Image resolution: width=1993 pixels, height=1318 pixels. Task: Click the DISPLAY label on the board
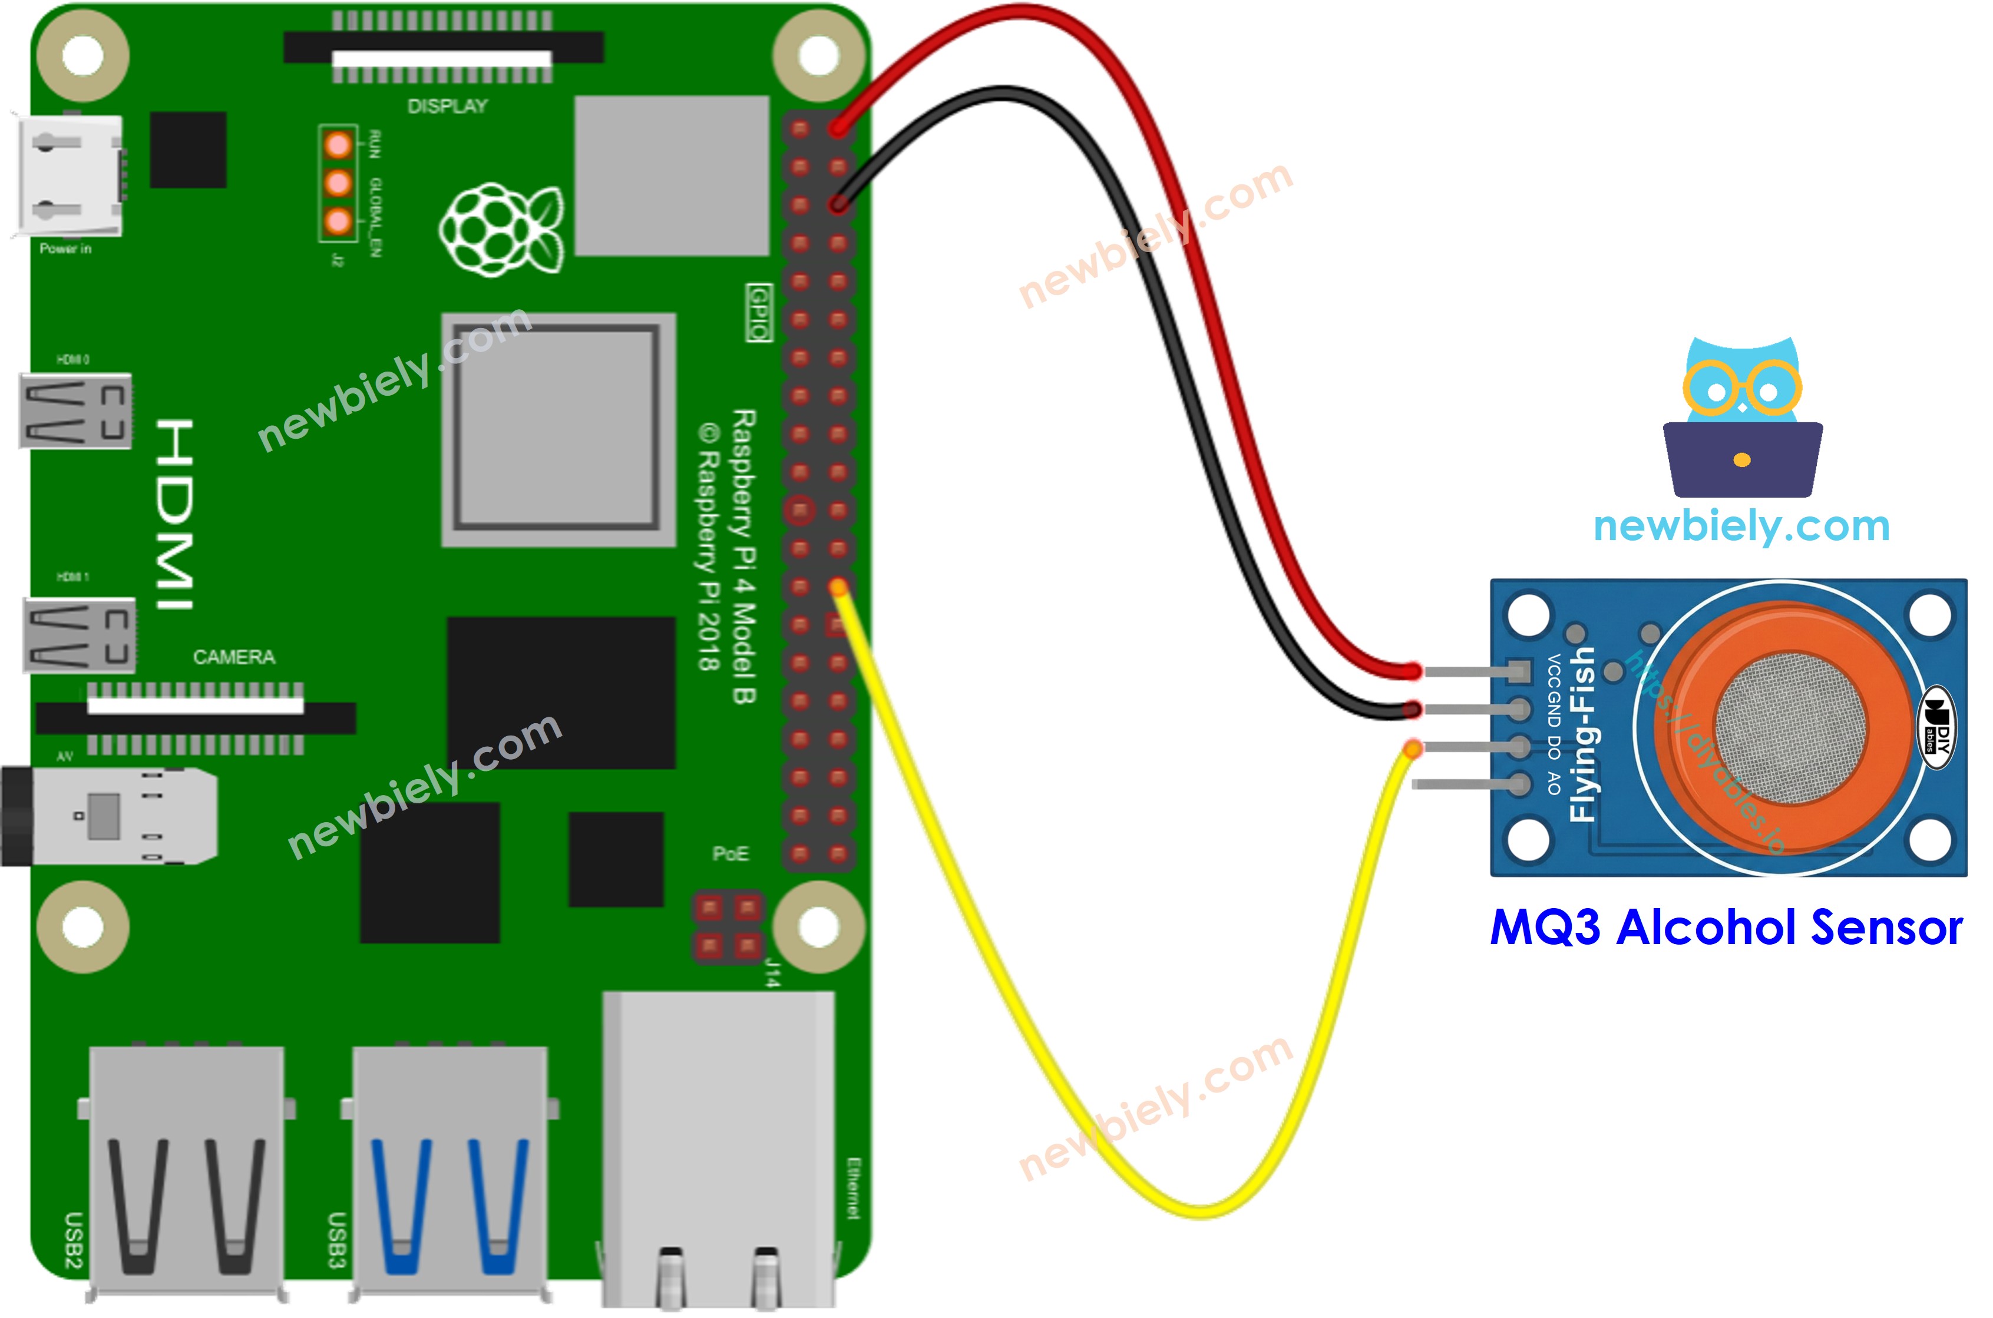447,106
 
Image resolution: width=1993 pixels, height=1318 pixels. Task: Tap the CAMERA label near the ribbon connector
234,657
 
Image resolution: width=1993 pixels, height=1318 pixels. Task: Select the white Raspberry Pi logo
501,229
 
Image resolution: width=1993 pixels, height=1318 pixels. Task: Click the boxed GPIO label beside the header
759,312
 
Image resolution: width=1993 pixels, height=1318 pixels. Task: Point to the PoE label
730,854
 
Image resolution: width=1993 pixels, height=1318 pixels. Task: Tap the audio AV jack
110,815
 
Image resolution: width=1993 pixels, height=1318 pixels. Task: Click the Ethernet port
719,1151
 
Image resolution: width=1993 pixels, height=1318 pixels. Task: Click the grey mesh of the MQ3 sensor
1790,728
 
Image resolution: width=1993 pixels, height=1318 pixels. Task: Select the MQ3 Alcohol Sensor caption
1726,929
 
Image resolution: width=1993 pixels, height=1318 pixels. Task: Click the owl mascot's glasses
1743,388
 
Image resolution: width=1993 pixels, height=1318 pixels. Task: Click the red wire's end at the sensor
1414,671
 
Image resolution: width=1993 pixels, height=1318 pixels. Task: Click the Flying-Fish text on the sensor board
1582,734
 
